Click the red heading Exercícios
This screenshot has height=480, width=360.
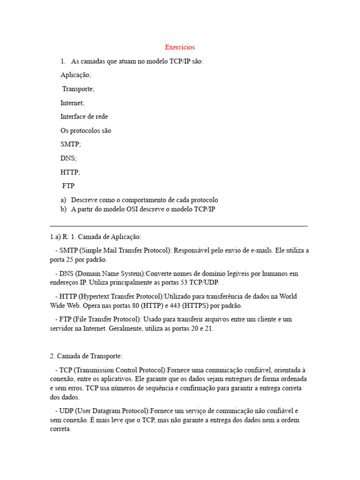click(180, 47)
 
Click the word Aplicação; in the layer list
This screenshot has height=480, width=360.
click(75, 75)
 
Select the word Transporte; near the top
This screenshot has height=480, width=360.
click(78, 89)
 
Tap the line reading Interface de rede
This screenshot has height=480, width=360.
click(84, 117)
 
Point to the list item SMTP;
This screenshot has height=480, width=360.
click(70, 145)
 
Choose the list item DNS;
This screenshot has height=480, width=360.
click(68, 158)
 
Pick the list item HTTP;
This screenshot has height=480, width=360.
click(70, 172)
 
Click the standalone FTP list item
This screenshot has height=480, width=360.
click(68, 186)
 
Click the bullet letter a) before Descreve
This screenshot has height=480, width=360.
click(63, 200)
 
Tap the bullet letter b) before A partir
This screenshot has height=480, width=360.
click(63, 210)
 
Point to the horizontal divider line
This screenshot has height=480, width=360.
click(179, 226)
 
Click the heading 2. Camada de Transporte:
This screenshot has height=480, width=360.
click(86, 357)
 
